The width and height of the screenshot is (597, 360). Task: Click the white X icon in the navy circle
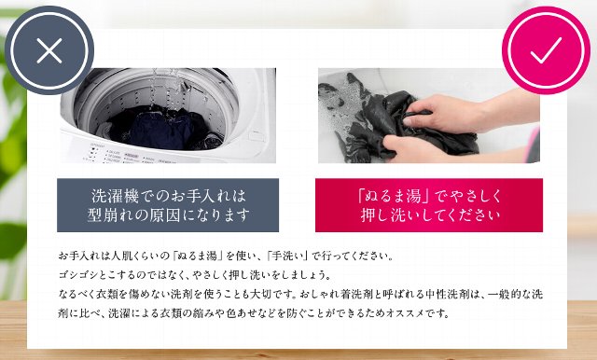click(49, 50)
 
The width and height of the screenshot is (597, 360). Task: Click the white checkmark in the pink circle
click(546, 50)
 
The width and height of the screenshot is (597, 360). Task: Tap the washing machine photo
click(168, 116)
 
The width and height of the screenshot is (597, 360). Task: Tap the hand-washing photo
click(429, 116)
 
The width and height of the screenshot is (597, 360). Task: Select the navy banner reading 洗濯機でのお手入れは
click(168, 205)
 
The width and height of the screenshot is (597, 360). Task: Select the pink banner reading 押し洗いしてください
click(429, 205)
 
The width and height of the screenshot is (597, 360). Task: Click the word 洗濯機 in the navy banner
click(115, 196)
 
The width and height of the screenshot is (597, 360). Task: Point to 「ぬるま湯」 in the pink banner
click(394, 196)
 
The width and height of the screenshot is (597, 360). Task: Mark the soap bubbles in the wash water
click(337, 98)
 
